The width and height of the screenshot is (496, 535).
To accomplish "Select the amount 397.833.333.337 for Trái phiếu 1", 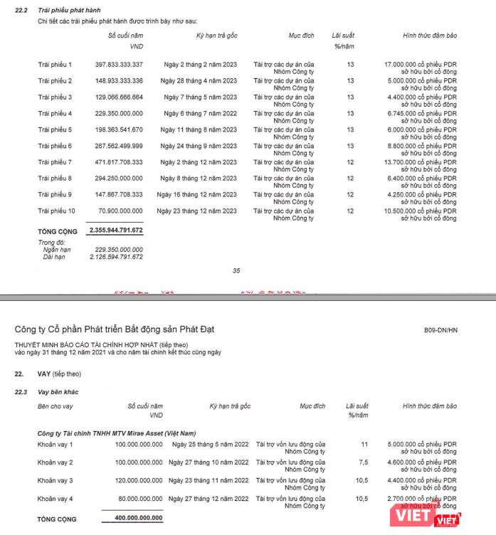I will point(119,64).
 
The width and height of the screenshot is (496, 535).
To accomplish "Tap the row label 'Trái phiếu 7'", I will point(55,162).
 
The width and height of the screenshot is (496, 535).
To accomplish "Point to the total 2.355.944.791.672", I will point(116,231).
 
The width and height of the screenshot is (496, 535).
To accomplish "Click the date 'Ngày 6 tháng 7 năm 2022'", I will point(199,113).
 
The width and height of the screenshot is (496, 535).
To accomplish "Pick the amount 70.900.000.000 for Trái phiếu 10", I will point(122,211).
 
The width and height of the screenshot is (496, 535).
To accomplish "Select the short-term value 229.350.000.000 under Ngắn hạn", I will point(118,250).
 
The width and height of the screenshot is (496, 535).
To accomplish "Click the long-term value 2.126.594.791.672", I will point(117,257).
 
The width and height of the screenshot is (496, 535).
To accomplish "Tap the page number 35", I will point(237,270).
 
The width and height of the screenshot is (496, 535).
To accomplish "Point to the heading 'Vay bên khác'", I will point(58,392).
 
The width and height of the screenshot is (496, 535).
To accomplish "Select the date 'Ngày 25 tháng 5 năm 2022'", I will point(210,445).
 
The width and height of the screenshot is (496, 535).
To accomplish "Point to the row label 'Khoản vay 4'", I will point(56,498).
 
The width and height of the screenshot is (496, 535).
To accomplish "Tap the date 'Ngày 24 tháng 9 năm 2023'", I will point(199,146).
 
